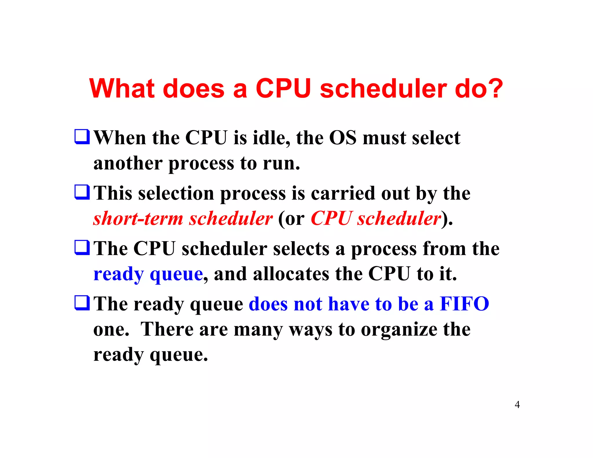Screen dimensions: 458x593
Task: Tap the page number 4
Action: click(x=517, y=404)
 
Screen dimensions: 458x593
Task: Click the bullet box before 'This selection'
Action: click(x=82, y=192)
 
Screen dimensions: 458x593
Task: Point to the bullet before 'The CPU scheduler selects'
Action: click(x=82, y=248)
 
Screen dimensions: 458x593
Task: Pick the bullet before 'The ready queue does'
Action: click(x=82, y=303)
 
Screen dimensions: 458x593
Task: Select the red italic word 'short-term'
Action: click(x=138, y=218)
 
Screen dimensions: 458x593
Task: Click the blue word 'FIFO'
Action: click(x=464, y=304)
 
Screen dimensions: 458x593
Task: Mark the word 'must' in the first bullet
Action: click(x=384, y=138)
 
